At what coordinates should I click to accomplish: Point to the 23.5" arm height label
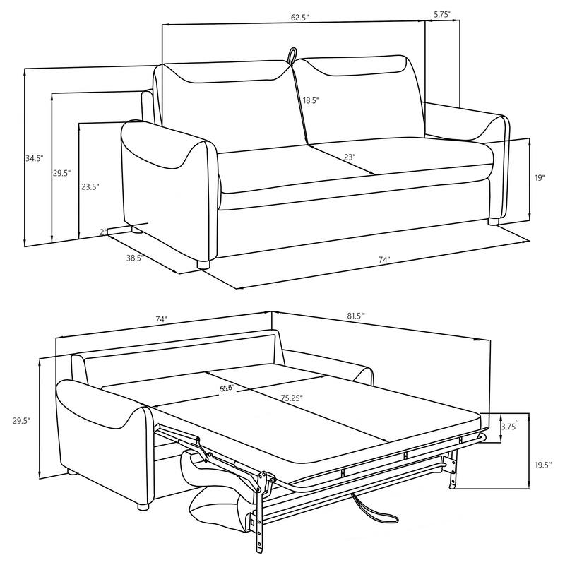click(90, 187)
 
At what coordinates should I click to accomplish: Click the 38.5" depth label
click(135, 258)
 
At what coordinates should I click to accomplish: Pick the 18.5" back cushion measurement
click(311, 101)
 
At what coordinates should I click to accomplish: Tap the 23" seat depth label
click(349, 158)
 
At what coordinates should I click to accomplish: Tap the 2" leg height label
click(103, 231)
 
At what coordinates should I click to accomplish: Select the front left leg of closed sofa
click(204, 266)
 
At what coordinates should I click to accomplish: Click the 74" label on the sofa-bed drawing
click(161, 320)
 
